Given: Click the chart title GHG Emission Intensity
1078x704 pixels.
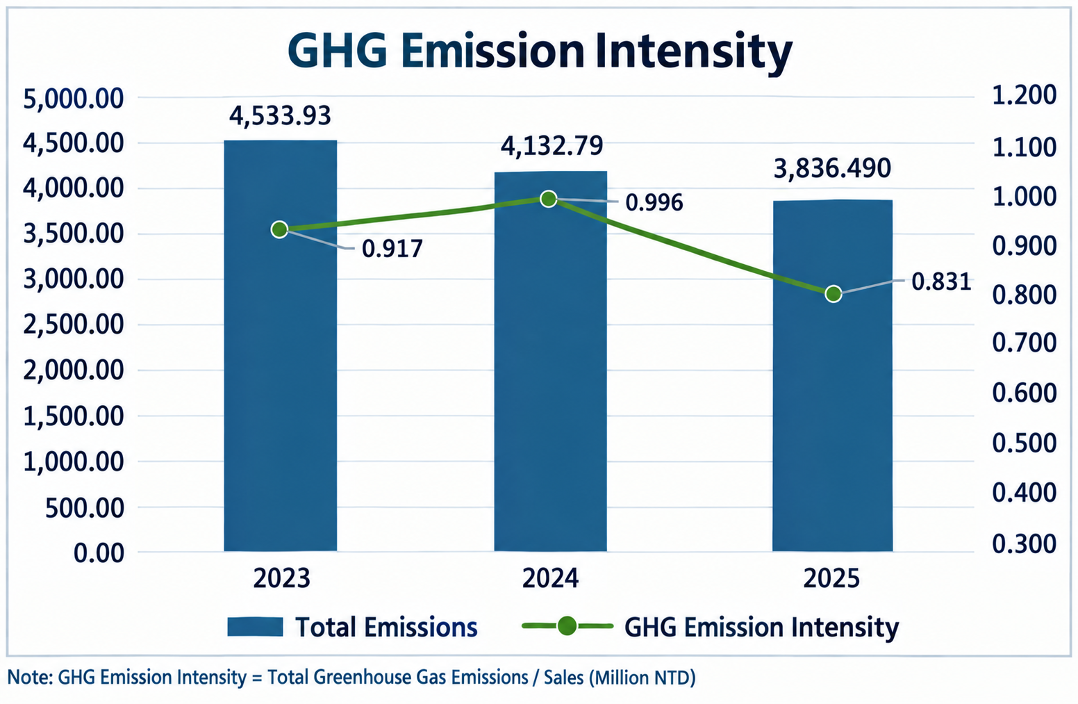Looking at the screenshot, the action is (x=540, y=51).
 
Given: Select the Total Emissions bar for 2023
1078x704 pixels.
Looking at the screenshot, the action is (x=281, y=345).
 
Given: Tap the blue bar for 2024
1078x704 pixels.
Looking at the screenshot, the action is (x=551, y=361).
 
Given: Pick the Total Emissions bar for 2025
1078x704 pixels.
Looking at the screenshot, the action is (x=833, y=375).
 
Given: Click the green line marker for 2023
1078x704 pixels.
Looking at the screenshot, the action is (x=280, y=230).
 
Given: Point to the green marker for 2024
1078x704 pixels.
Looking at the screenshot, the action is (x=548, y=199).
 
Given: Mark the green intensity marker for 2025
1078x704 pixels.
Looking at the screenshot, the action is (x=834, y=294).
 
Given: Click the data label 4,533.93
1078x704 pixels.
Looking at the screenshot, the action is (x=280, y=116).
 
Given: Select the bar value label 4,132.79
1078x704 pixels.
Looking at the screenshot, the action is (x=552, y=146).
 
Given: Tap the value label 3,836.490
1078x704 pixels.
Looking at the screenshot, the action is (x=832, y=169).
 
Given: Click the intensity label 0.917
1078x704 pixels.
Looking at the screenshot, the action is (x=392, y=249).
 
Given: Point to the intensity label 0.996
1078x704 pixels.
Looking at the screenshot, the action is (x=654, y=202).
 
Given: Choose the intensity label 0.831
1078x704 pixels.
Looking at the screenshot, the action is (x=941, y=281).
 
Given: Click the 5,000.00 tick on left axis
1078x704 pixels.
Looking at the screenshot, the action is (x=74, y=99).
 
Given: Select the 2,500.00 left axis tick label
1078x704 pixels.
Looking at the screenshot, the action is (x=74, y=325).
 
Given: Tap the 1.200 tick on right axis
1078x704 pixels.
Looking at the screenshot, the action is (x=1024, y=95).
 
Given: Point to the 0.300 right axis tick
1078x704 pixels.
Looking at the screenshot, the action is (x=1024, y=543).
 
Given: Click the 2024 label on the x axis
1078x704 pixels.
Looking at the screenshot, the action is (x=550, y=578).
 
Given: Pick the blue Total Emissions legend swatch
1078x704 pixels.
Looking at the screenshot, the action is (x=255, y=627).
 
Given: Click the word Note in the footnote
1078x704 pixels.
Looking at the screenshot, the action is (x=29, y=678).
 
